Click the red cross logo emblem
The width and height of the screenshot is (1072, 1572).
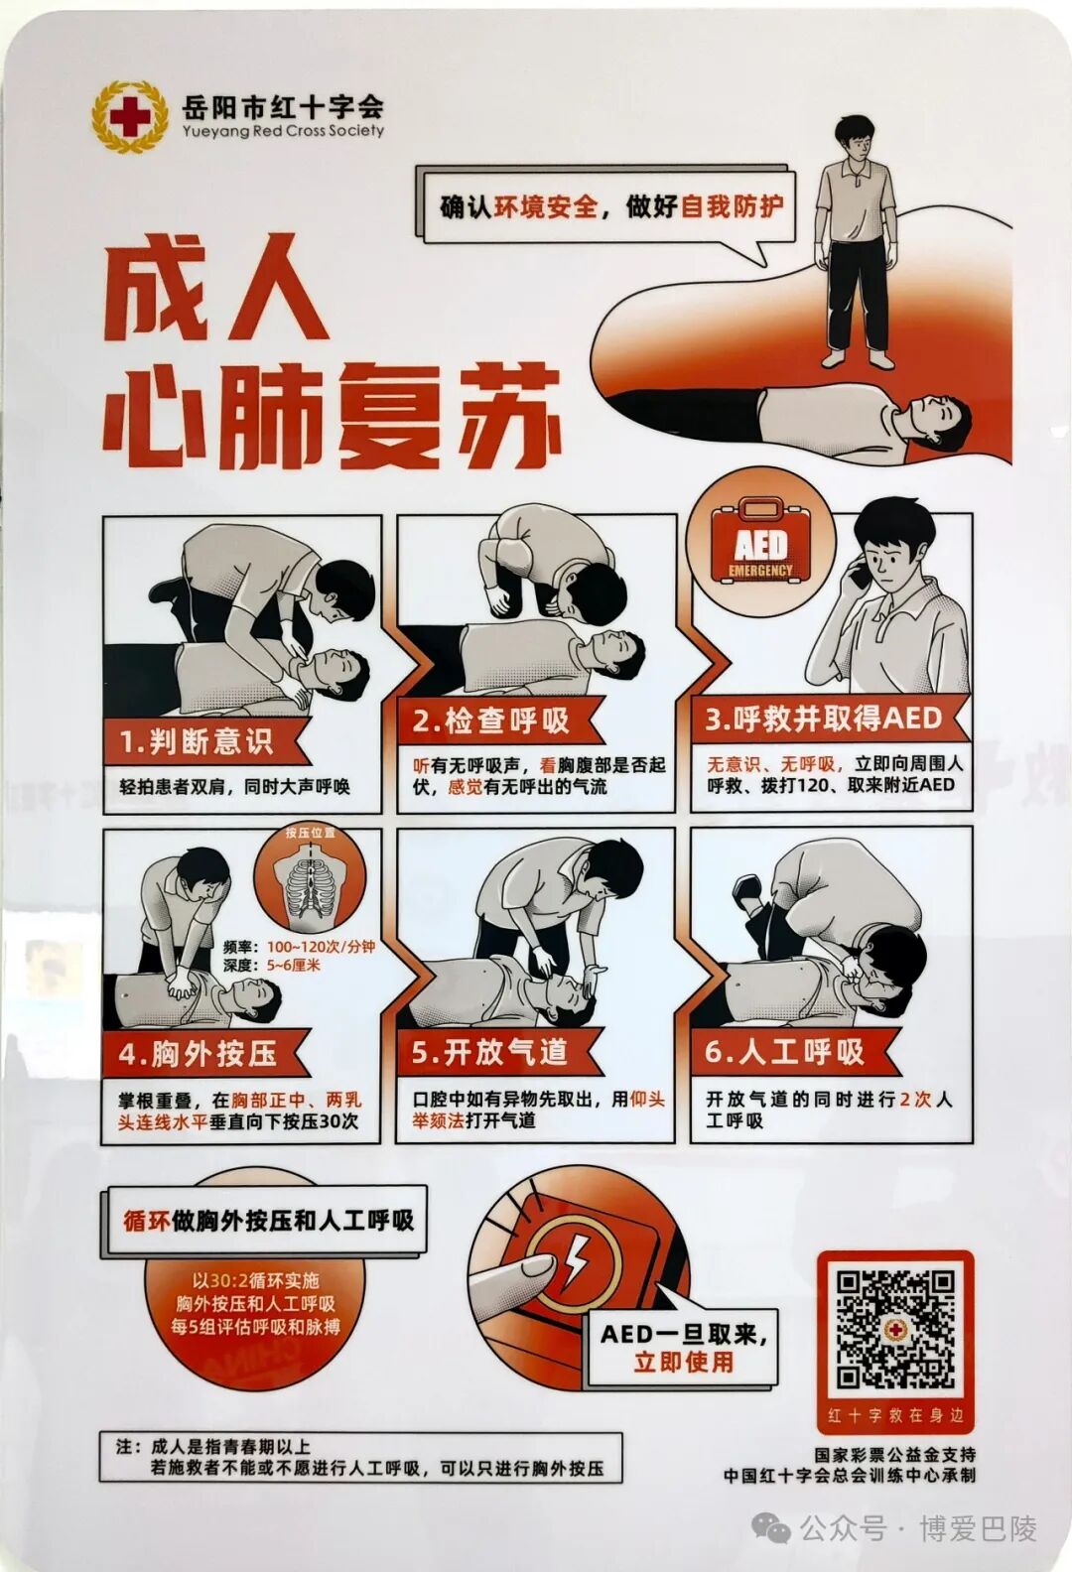tap(130, 117)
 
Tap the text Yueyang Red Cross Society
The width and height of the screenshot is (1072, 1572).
tap(283, 130)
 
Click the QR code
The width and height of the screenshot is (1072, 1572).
tap(895, 1328)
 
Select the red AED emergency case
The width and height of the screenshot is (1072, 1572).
tap(761, 543)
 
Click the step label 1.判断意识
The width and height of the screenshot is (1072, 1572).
tap(196, 741)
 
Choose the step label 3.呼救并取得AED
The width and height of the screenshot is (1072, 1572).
tap(823, 718)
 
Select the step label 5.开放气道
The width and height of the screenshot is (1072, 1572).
tap(489, 1052)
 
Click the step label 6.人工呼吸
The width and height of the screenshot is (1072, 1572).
tap(784, 1051)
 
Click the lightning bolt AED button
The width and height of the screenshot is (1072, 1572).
tap(573, 1263)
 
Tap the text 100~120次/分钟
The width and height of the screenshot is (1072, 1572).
tap(320, 947)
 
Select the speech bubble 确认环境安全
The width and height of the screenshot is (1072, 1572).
tap(610, 206)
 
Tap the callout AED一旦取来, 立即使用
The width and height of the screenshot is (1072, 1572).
tap(683, 1347)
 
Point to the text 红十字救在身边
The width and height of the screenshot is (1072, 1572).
tap(895, 1415)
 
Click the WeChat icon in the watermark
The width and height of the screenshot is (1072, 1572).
tap(771, 1528)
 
